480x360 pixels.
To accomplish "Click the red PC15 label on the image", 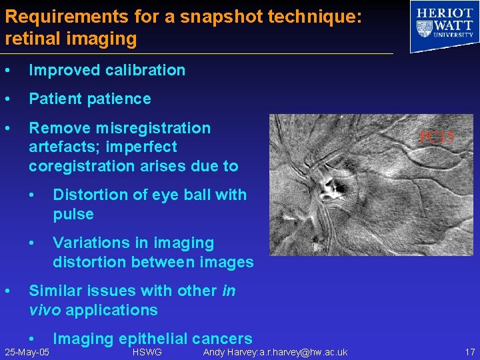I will (x=437, y=137).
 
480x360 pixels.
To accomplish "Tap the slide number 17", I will (x=469, y=352).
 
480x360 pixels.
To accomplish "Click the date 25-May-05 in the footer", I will (x=27, y=352).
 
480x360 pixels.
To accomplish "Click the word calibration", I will (x=145, y=70).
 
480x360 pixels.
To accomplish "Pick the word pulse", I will (x=73, y=214).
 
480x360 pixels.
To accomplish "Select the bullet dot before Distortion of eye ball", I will (x=31, y=195).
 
